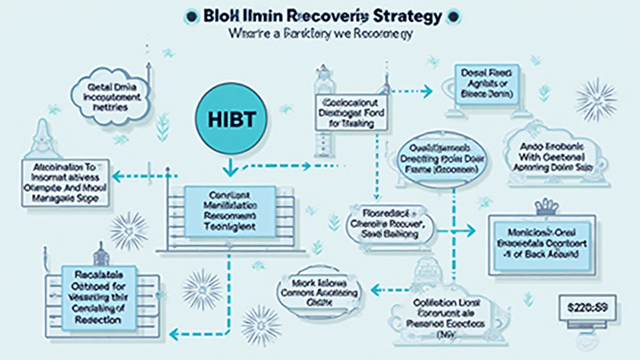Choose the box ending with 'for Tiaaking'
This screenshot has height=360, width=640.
350,113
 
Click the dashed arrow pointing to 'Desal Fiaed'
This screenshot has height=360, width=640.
412,92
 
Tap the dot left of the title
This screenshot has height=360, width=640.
191,16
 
